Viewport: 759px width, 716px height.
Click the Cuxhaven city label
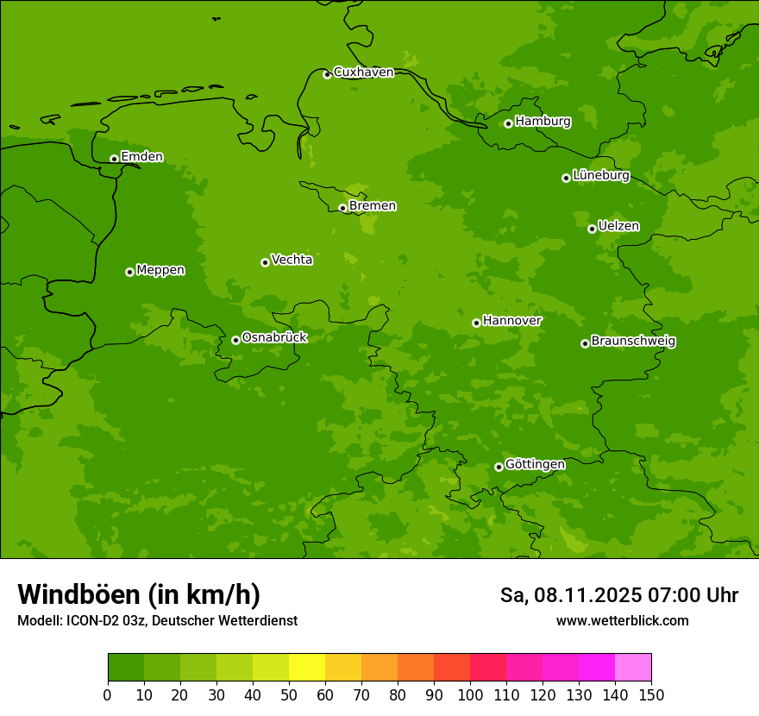coord(363,72)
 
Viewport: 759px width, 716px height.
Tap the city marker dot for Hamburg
coord(508,123)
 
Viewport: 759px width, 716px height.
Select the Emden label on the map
coord(141,156)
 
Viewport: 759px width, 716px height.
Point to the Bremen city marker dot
coord(342,208)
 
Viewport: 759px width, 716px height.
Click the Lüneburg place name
coord(601,175)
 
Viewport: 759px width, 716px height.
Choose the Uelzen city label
coord(618,226)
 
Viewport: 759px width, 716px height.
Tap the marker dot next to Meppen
coord(129,272)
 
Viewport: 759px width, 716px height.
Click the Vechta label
coord(292,260)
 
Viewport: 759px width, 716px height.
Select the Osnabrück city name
coord(274,337)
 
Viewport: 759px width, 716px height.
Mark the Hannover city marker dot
coord(476,323)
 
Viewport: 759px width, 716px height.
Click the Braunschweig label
coord(633,341)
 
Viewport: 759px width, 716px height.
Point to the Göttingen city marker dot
coord(499,467)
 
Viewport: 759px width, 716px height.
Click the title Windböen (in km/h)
coord(139,594)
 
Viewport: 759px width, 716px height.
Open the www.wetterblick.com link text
coord(622,620)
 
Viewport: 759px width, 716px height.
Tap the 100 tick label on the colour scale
coord(470,694)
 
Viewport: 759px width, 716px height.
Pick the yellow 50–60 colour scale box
coord(307,668)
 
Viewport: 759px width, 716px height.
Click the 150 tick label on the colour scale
coord(651,694)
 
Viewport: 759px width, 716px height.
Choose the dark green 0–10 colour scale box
coord(126,668)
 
